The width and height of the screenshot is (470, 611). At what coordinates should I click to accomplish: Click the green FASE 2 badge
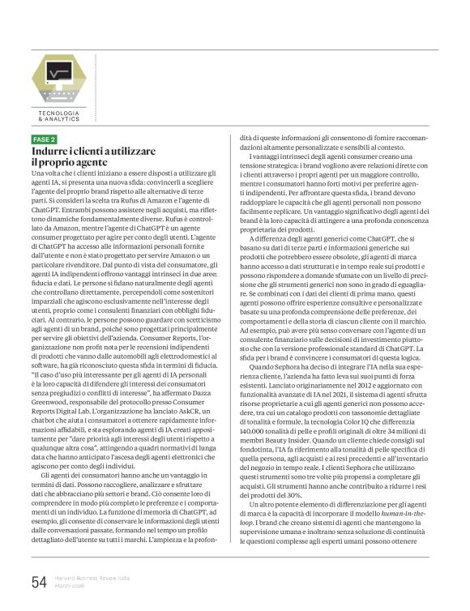point(45,139)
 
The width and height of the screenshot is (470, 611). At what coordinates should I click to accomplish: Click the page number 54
point(38,582)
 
